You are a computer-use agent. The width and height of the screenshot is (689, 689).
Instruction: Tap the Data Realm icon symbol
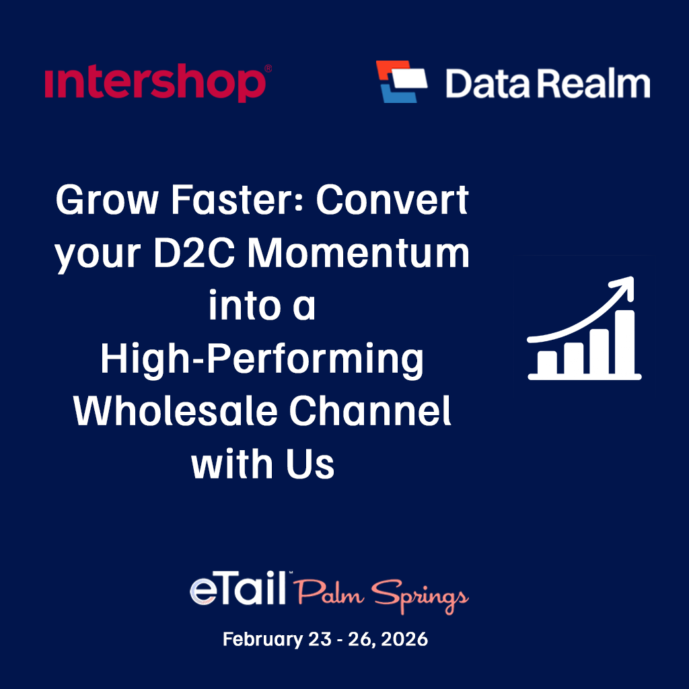402,81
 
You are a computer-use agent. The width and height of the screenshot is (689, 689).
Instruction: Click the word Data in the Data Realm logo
491,85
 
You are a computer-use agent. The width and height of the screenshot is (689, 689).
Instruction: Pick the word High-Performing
262,359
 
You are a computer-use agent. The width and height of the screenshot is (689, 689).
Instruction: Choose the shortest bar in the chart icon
548,362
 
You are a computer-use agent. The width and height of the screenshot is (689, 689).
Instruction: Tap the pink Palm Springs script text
381,595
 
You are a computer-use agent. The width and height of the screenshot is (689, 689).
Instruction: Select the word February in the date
263,639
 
